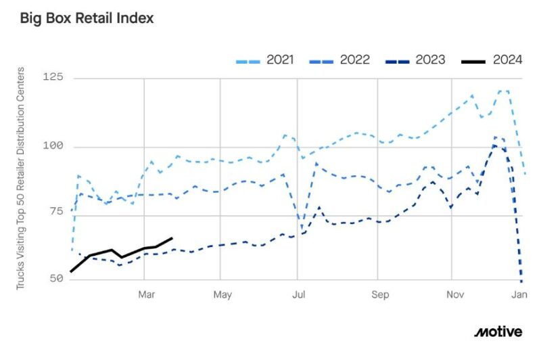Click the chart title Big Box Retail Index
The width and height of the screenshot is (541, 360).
[x=87, y=18]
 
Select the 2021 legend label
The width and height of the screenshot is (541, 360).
[x=280, y=60]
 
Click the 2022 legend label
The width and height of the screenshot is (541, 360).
[x=356, y=60]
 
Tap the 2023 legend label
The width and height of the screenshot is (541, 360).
[x=431, y=60]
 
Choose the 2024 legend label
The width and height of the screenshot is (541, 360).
[x=507, y=60]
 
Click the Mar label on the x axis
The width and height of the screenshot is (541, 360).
[x=147, y=294]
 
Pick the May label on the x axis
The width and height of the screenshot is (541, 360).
[x=222, y=294]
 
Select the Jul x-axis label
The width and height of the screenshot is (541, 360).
[x=298, y=294]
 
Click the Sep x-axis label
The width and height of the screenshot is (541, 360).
[x=380, y=294]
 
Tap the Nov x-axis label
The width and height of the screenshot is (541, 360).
[x=456, y=294]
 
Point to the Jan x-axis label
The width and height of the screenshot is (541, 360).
[x=519, y=294]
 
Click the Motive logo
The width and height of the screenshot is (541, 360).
[x=498, y=332]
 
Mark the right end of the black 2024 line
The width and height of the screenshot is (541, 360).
[x=172, y=238]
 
